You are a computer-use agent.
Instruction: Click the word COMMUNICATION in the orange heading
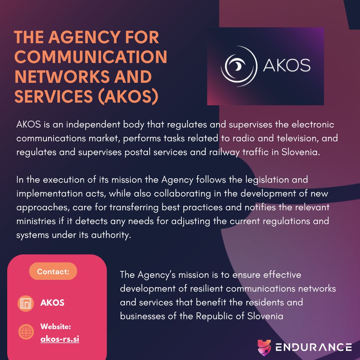pyautogui.click(x=91, y=57)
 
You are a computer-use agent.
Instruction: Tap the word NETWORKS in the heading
pyautogui.click(x=62, y=77)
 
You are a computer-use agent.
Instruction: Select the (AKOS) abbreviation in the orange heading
pyautogui.click(x=128, y=96)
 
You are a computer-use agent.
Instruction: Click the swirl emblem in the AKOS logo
pyautogui.click(x=239, y=66)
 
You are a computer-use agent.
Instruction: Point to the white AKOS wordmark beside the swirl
pyautogui.click(x=287, y=65)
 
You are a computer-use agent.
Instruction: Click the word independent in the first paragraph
pyautogui.click(x=93, y=125)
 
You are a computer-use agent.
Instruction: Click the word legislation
pyautogui.click(x=267, y=180)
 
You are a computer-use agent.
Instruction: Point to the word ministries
pyautogui.click(x=36, y=221)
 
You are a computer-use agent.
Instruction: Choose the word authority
pyautogui.click(x=111, y=235)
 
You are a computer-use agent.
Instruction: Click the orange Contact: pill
pyautogui.click(x=53, y=271)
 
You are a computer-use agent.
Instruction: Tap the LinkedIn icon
pyautogui.click(x=26, y=303)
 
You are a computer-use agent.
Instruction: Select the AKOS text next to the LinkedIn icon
pyautogui.click(x=52, y=303)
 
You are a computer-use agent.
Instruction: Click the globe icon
pyautogui.click(x=26, y=332)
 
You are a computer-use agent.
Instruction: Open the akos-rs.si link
pyautogui.click(x=60, y=339)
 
